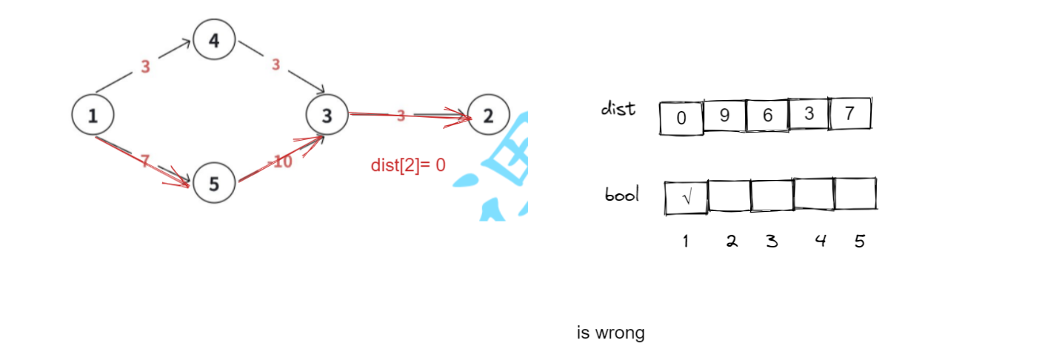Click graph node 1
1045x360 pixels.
(x=93, y=115)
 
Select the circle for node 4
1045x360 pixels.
(x=214, y=40)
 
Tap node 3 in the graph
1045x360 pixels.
(x=327, y=115)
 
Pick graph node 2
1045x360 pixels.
(x=488, y=115)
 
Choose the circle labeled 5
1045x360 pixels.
(x=214, y=182)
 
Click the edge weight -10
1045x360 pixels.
(x=281, y=161)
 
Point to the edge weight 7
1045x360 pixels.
(x=145, y=159)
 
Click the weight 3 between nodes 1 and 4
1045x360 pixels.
(x=145, y=67)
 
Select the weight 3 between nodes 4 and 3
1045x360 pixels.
(x=276, y=65)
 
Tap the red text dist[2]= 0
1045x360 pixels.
(x=408, y=165)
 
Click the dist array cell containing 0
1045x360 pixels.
(x=681, y=118)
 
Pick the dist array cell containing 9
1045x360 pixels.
(x=724, y=116)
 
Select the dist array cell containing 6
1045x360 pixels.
(x=767, y=116)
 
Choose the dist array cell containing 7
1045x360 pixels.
(x=849, y=114)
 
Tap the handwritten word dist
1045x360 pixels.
(x=618, y=109)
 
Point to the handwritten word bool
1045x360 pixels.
(x=622, y=196)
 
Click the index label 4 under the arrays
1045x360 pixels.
(x=820, y=241)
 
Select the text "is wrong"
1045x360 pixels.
(x=611, y=333)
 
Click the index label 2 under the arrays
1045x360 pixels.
(x=732, y=241)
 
